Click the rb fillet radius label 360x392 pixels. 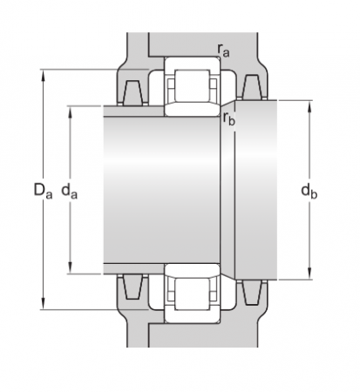point(228,118)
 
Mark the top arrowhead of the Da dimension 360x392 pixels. point(43,72)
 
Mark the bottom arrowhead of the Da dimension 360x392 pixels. point(43,306)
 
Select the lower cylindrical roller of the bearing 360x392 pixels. point(189,292)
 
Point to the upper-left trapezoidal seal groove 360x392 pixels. point(134,91)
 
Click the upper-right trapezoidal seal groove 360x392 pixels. point(254,87)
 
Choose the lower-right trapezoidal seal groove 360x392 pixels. point(254,292)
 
